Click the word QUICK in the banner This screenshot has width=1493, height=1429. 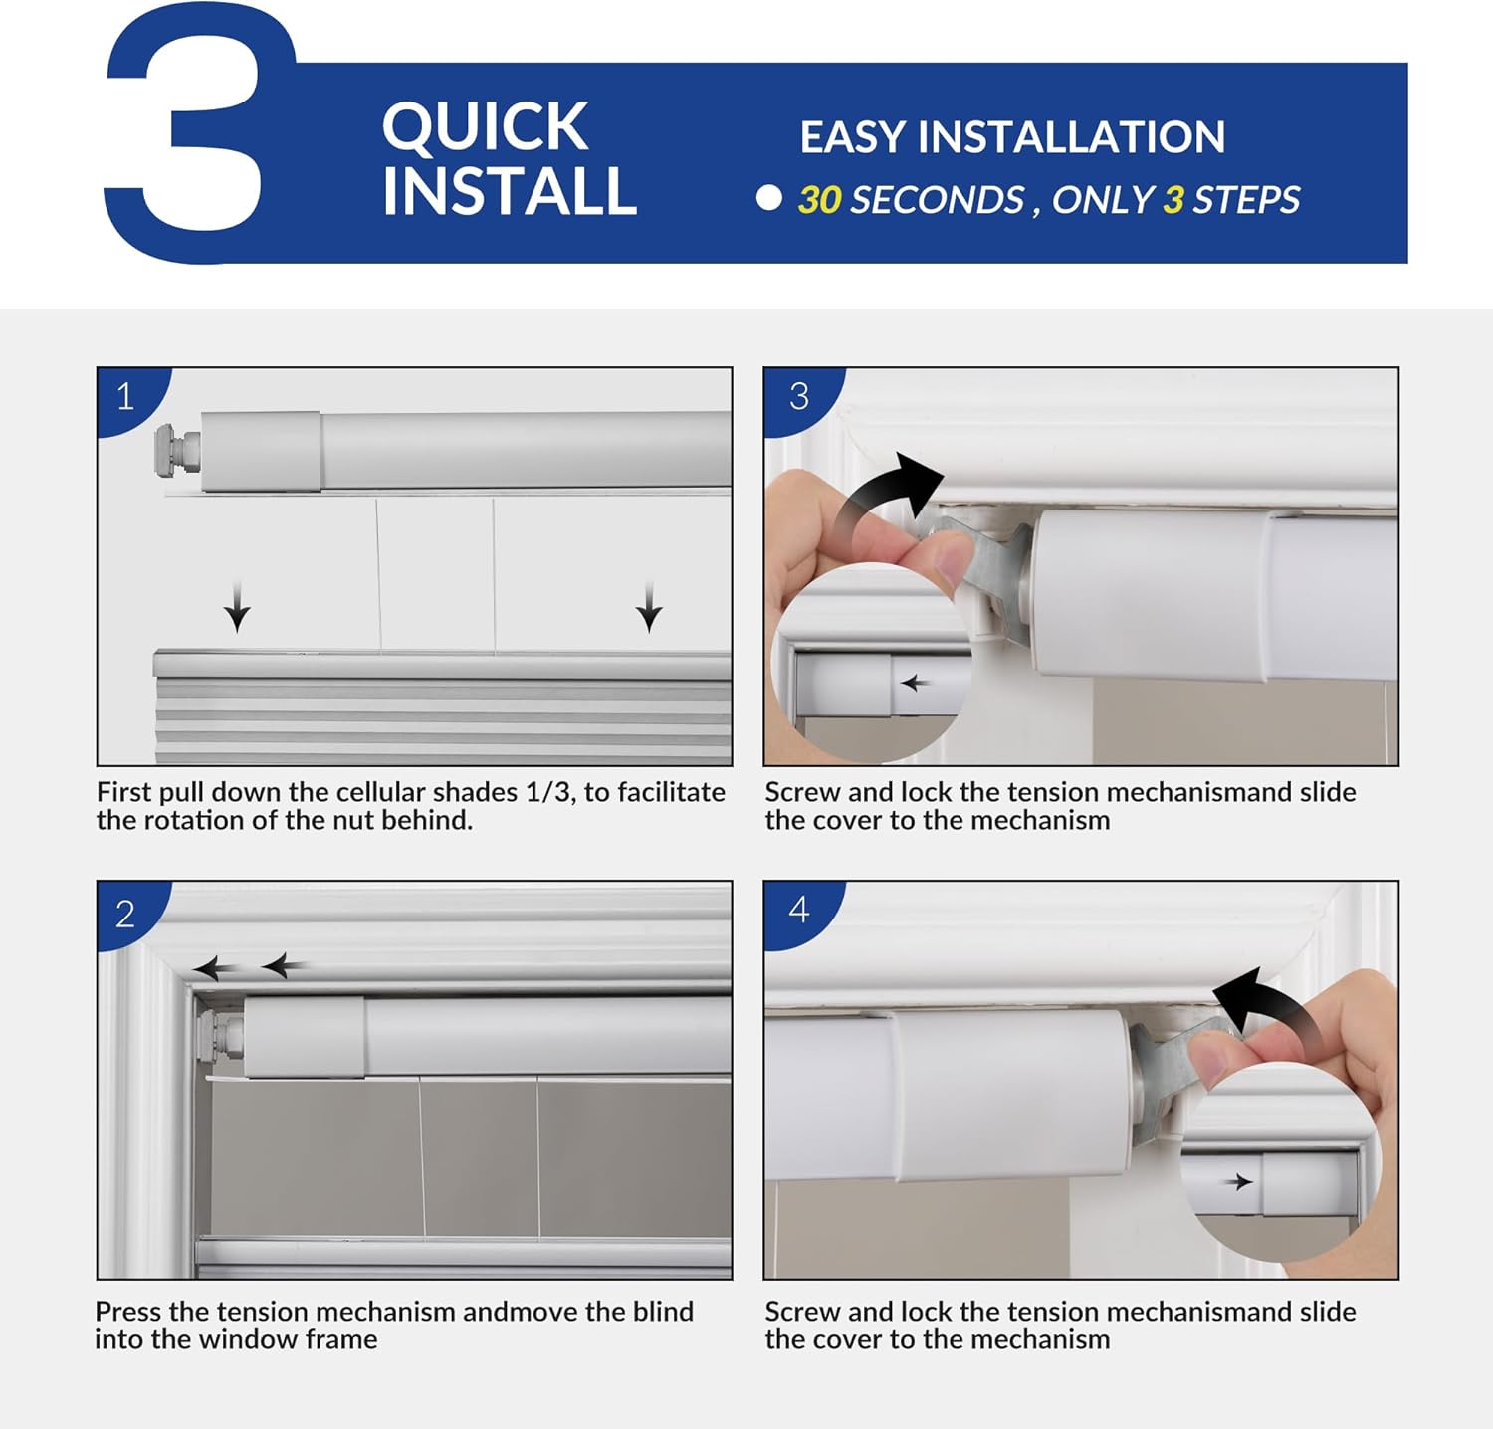pyautogui.click(x=485, y=126)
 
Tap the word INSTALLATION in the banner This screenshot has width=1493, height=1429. pyautogui.click(x=1071, y=137)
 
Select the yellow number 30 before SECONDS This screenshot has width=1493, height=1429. pyautogui.click(x=820, y=200)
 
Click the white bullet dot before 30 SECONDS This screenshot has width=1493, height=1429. pyautogui.click(x=768, y=198)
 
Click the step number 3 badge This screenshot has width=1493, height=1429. pyautogui.click(x=799, y=397)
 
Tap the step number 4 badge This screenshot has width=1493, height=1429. pyautogui.click(x=799, y=911)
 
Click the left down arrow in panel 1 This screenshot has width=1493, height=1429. pyautogui.click(x=237, y=607)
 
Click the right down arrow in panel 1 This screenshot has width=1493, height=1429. pyautogui.click(x=649, y=607)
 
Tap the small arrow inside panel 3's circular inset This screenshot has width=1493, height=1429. pyautogui.click(x=915, y=684)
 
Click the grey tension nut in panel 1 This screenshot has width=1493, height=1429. pyautogui.click(x=177, y=450)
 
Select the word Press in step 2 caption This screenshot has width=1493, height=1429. pyautogui.click(x=128, y=1312)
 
